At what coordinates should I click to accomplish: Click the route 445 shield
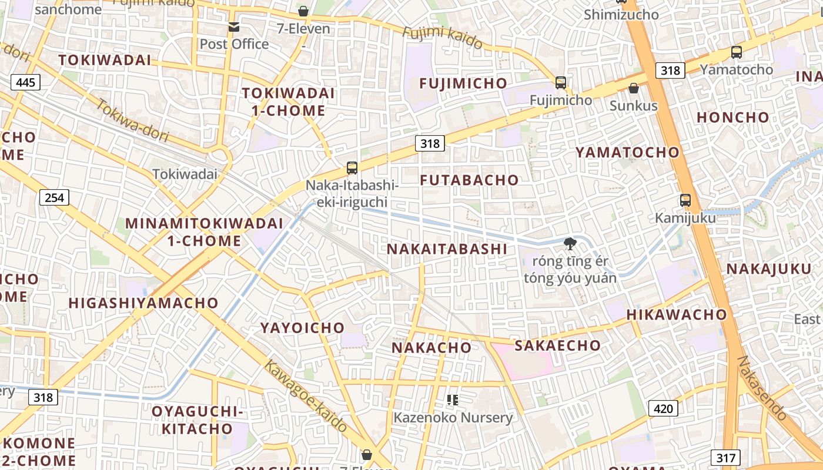coord(25,82)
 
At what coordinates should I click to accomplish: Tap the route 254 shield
coord(54,197)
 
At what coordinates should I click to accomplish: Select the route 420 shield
coord(663,408)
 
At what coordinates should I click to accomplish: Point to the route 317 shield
coord(725,458)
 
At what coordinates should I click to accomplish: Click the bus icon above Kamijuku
coord(685,200)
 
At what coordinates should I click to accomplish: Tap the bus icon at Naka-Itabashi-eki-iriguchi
coord(352,168)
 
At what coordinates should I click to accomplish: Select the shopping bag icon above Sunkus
coord(634,89)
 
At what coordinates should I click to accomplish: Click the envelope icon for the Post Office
coord(234,27)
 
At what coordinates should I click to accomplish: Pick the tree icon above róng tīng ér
coord(570,243)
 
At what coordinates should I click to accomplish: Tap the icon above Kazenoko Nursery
coord(453,400)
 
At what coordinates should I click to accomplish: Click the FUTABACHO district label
coord(470,180)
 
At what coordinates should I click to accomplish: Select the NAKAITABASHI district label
coord(447,249)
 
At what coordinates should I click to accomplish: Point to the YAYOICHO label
coord(302,328)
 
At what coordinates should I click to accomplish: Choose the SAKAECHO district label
coord(557,345)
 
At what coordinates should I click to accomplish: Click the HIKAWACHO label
coord(677,315)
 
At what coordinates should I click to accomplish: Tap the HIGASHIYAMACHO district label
coord(143,303)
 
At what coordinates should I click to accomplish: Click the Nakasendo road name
coord(762,388)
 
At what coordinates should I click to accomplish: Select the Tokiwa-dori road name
coord(132,121)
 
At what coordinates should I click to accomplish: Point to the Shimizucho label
coord(621,15)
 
